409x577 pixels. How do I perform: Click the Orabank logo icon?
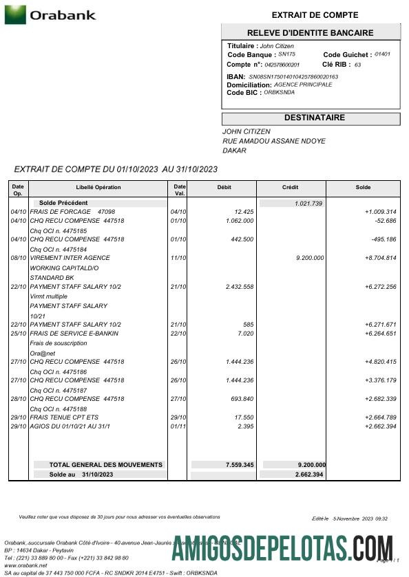coord(15,14)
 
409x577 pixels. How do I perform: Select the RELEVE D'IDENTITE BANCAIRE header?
coord(310,33)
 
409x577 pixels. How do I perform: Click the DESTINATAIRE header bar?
coord(310,118)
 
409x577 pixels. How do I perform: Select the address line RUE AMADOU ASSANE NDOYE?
coord(273,141)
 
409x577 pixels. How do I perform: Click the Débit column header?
coord(224,187)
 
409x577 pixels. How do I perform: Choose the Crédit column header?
coord(291,187)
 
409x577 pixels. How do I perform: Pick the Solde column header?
coord(363,187)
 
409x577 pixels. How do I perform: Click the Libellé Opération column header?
coord(98,187)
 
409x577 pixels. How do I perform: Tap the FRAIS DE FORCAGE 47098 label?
coord(72,212)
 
